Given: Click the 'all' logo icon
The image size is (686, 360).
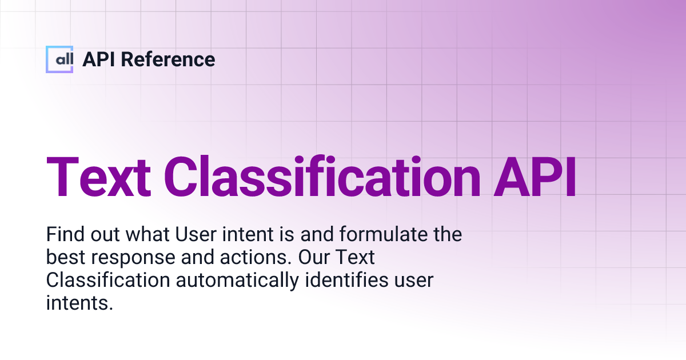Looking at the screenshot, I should pyautogui.click(x=59, y=59).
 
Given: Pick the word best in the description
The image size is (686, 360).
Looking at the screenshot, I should pyautogui.click(x=64, y=258).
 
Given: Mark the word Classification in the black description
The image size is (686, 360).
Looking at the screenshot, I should pyautogui.click(x=107, y=281).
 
